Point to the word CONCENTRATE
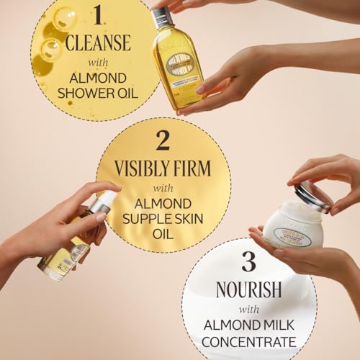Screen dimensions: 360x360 point(248,341)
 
